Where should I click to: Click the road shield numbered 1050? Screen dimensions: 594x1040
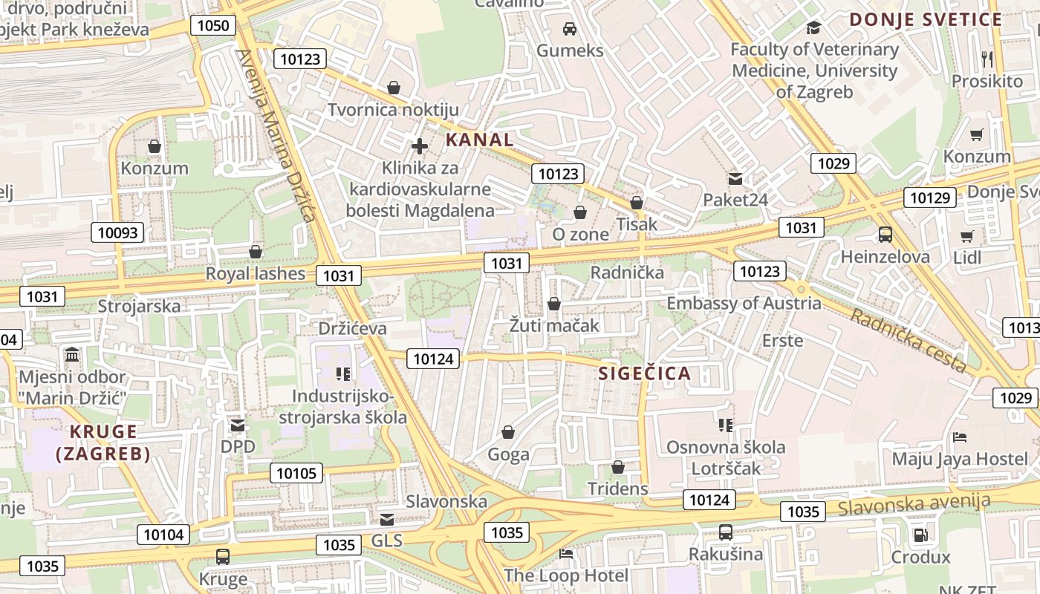tap(214, 26)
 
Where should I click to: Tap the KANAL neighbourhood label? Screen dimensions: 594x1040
tap(479, 140)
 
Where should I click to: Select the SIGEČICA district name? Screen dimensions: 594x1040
tap(645, 373)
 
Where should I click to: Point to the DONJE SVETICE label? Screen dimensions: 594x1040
tap(926, 20)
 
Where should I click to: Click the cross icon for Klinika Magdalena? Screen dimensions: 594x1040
tap(420, 146)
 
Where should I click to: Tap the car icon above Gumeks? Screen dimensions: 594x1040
tap(570, 29)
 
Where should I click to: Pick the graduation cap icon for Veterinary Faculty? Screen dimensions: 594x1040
tap(814, 28)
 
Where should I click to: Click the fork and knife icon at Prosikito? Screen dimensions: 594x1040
tap(987, 59)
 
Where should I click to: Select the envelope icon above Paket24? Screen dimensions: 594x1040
tap(735, 178)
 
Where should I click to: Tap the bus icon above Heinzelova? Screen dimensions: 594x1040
tap(885, 235)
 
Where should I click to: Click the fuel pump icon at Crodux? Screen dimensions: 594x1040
tap(920, 535)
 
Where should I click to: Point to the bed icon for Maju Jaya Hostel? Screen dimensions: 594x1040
tap(960, 437)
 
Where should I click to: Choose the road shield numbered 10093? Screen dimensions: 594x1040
tap(118, 232)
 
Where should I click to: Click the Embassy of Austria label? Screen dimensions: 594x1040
tap(744, 303)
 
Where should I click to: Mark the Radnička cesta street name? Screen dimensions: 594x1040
tap(908, 340)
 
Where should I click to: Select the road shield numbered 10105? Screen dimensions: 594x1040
tap(296, 473)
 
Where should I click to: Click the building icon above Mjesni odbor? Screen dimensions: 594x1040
tap(72, 355)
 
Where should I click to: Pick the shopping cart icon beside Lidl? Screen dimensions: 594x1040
tap(966, 236)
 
